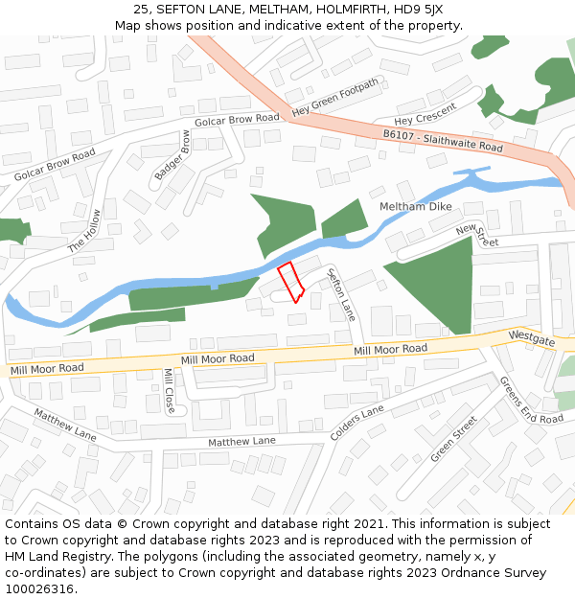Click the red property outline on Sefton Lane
point(290,282)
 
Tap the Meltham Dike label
point(415,207)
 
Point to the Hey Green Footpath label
point(334,100)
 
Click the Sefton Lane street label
point(341,294)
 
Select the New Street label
point(477,235)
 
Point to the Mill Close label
point(169,391)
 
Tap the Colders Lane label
point(356,423)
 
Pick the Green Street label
point(453,439)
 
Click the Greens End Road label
point(531,400)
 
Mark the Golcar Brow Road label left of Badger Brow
point(55,166)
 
